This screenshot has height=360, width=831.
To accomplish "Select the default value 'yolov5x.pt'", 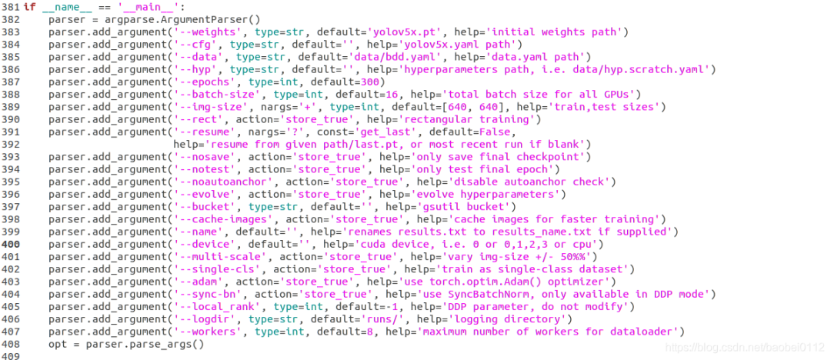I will (x=401, y=32).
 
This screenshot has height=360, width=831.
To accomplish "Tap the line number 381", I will (x=11, y=7).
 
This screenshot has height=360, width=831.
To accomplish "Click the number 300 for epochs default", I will (x=372, y=82).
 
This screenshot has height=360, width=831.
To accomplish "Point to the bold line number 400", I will (x=11, y=244).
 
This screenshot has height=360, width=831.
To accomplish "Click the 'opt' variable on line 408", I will (x=57, y=344).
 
